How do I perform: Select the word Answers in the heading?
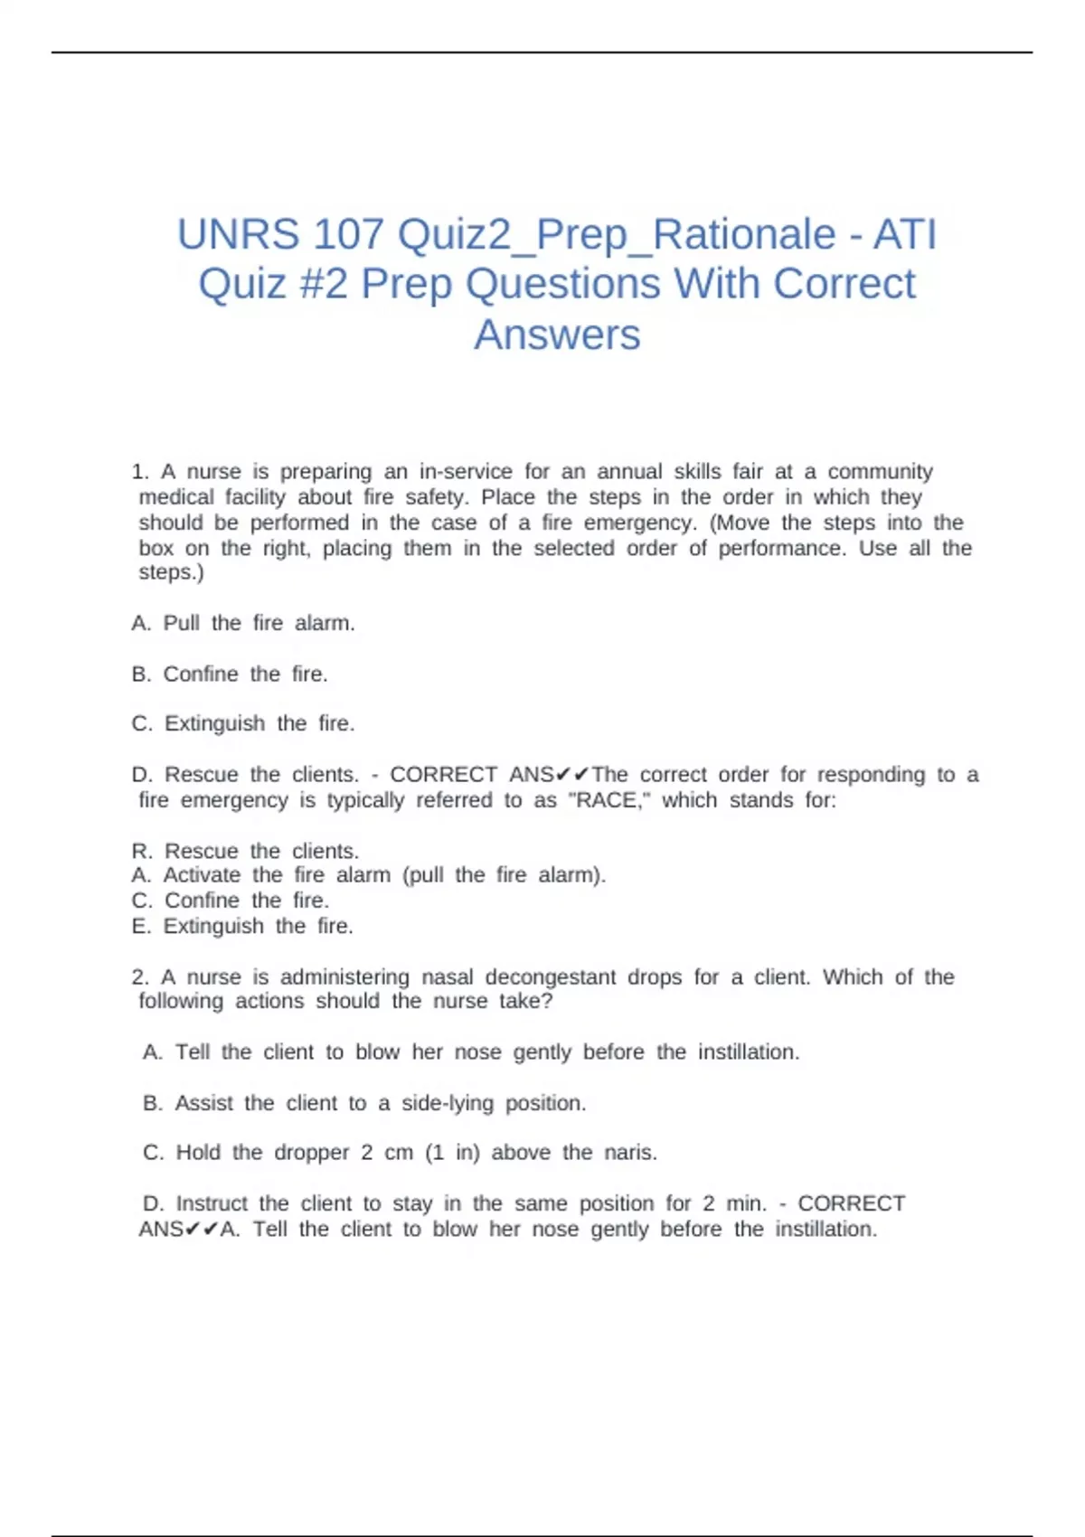pyautogui.click(x=557, y=335)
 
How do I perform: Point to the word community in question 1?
pyautogui.click(x=880, y=472)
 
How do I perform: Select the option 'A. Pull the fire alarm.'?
pyautogui.click(x=243, y=623)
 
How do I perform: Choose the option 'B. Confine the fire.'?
pyautogui.click(x=230, y=674)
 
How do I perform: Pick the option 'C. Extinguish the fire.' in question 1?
pyautogui.click(x=242, y=723)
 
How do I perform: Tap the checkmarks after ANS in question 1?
pyautogui.click(x=573, y=775)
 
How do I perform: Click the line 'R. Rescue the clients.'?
pyautogui.click(x=245, y=851)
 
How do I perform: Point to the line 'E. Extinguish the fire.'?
pyautogui.click(x=242, y=926)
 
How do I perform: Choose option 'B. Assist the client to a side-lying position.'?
pyautogui.click(x=364, y=1103)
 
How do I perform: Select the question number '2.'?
pyautogui.click(x=140, y=977)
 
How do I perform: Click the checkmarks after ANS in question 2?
pyautogui.click(x=202, y=1230)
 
